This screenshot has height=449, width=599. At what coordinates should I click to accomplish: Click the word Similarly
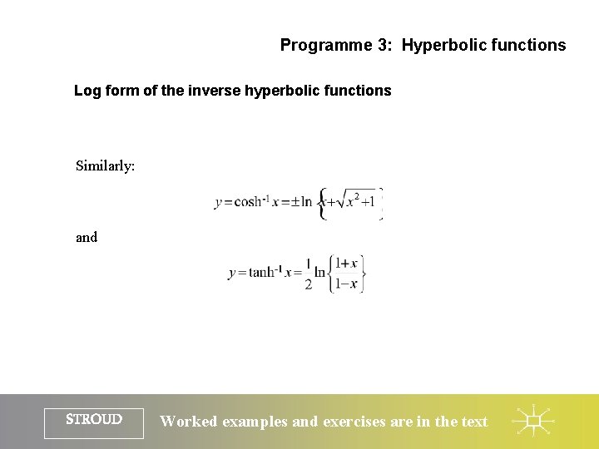(x=105, y=165)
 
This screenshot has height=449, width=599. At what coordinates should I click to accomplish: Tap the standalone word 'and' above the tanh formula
(x=87, y=237)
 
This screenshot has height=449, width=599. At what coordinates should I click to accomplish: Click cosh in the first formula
(x=249, y=202)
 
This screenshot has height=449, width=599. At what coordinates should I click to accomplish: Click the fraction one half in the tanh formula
(x=309, y=274)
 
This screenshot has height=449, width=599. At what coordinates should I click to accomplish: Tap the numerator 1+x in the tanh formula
(x=346, y=264)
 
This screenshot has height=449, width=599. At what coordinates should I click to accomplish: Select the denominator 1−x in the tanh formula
(x=346, y=284)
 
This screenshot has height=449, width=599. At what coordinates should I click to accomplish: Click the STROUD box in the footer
(x=94, y=421)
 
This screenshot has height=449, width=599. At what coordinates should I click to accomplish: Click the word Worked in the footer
(x=189, y=422)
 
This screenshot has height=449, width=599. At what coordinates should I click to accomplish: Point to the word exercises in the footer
(x=354, y=422)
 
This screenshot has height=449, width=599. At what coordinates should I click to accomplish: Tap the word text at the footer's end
(x=474, y=422)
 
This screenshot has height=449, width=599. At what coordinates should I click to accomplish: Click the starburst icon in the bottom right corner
(x=533, y=422)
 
